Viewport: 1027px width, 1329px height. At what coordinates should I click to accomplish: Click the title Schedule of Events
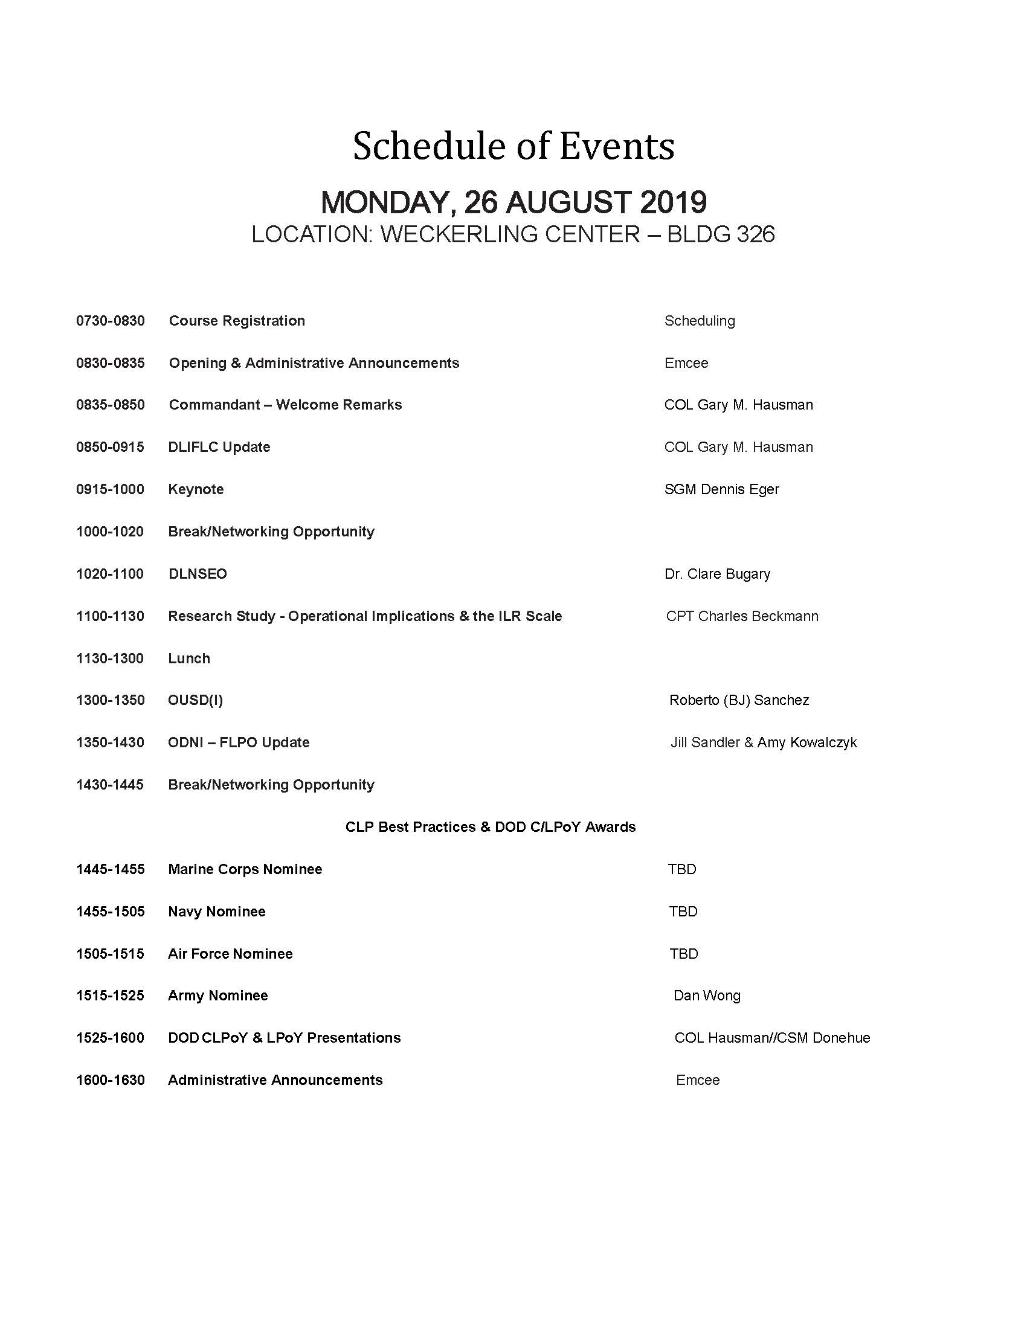513,146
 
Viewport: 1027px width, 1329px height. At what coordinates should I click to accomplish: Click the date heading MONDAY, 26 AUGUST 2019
513,202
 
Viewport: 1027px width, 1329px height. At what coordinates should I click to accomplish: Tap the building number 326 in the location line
755,235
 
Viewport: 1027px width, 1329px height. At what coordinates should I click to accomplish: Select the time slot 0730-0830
110,321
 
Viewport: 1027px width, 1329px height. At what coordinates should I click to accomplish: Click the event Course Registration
237,321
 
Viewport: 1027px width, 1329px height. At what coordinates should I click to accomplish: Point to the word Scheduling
699,321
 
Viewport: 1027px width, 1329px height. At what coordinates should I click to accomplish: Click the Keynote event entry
196,489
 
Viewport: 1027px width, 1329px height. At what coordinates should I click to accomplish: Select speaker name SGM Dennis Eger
721,489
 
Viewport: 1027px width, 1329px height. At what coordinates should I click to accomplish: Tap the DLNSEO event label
198,574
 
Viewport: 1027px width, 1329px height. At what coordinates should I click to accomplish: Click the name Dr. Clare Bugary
717,574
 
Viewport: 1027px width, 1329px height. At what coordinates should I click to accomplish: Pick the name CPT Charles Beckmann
742,616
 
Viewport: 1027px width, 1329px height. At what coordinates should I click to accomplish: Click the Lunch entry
189,658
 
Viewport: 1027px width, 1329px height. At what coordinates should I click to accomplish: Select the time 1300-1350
110,700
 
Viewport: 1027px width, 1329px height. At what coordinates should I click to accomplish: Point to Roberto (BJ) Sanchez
739,700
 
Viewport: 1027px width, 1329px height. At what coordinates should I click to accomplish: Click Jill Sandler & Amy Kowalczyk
764,742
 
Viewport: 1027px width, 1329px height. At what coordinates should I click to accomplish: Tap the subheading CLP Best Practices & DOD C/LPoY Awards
491,827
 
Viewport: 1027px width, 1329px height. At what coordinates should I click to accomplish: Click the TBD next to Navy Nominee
683,912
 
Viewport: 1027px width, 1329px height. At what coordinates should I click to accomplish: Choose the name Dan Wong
706,996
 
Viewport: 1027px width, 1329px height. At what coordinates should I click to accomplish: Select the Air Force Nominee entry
230,953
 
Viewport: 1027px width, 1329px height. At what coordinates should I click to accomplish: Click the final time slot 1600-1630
110,1080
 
